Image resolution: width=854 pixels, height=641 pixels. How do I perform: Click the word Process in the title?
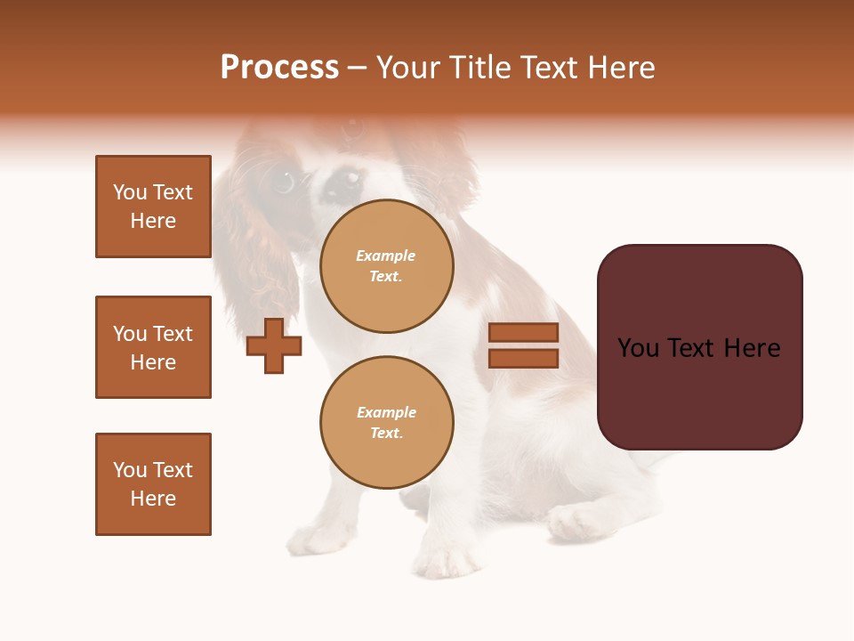(279, 68)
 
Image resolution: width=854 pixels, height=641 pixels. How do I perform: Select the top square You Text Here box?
(153, 207)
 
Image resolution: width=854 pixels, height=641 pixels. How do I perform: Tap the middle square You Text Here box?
(153, 347)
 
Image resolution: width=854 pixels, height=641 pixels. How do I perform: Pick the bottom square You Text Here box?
(153, 484)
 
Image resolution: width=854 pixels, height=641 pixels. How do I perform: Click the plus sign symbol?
(274, 345)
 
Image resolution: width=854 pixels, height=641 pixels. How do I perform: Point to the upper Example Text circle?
(386, 266)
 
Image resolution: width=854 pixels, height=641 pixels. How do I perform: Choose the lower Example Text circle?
(386, 423)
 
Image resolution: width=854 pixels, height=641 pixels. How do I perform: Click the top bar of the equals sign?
(523, 332)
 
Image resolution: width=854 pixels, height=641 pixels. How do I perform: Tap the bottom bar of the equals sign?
(523, 358)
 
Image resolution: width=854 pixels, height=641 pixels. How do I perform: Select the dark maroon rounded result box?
(699, 347)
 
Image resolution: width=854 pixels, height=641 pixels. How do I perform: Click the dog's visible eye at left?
(284, 182)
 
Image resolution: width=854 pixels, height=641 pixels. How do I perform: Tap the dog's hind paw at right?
(578, 521)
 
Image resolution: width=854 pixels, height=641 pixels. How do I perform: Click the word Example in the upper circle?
(385, 256)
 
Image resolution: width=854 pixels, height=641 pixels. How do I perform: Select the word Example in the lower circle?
(386, 412)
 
